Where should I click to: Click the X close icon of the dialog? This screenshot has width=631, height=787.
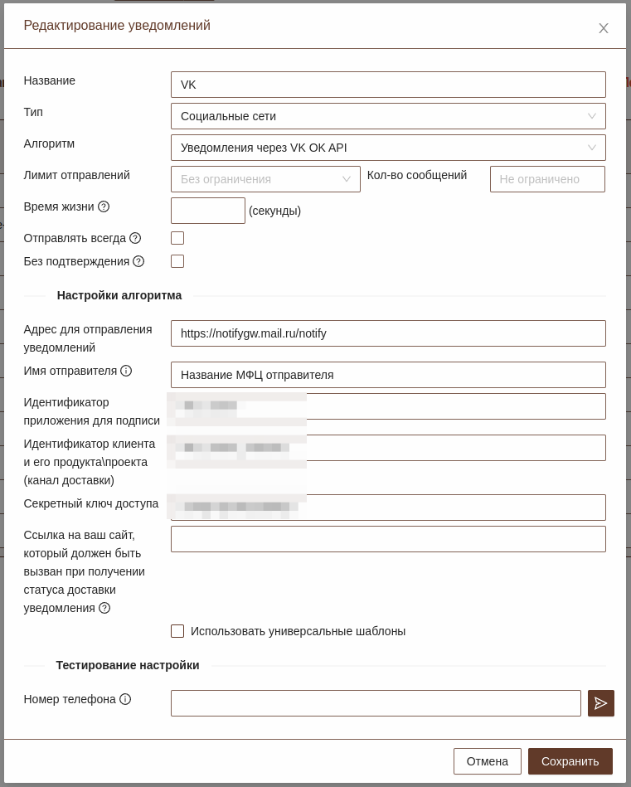604,28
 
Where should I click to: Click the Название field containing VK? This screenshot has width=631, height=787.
388,85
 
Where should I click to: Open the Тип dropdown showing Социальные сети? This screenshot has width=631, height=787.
388,116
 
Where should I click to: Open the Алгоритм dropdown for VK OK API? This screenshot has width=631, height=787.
388,148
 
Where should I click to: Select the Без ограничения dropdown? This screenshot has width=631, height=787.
265,179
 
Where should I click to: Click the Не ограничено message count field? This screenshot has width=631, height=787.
547,179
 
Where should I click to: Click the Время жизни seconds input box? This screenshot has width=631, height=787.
208,211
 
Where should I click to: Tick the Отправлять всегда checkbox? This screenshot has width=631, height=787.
177,238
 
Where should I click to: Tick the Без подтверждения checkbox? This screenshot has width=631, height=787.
177,261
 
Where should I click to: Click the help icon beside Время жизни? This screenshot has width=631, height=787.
104,206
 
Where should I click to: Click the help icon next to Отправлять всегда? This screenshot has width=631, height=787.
135,238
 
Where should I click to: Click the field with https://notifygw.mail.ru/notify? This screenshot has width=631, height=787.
388,333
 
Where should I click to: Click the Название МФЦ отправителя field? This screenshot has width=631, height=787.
388,375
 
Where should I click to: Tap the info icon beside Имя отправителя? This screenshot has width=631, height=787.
126,371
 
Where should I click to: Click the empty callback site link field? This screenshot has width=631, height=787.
388,539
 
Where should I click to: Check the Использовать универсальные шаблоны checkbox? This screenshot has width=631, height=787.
177,631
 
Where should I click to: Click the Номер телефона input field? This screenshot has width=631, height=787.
376,703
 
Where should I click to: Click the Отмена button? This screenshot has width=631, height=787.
488,761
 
